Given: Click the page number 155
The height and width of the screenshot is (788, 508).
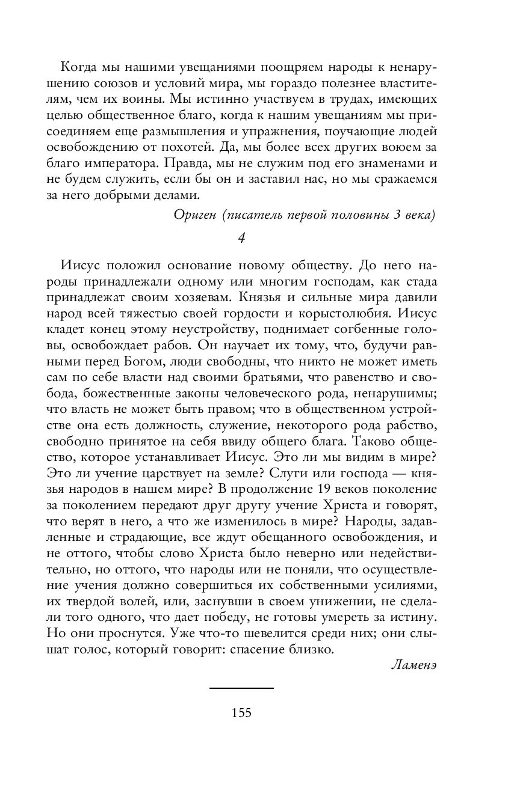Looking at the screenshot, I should [x=241, y=713].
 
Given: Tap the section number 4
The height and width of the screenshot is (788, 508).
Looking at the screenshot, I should [x=241, y=238].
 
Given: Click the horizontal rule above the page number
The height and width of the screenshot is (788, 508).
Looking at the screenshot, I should [x=241, y=688].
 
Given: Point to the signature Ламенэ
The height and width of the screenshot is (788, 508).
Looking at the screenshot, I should [x=413, y=665].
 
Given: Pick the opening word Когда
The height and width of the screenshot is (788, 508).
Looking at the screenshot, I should [x=81, y=66].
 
